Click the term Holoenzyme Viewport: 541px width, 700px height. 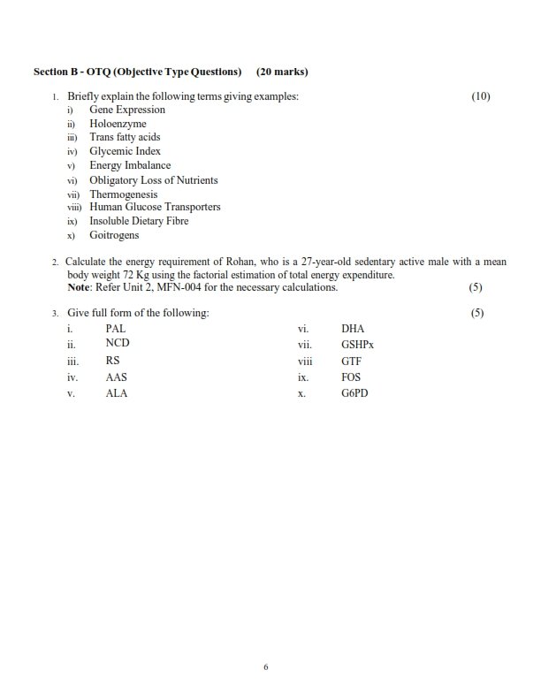pos(118,124)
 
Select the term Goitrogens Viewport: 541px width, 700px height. pos(114,236)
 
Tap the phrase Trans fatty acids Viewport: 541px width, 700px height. pos(125,138)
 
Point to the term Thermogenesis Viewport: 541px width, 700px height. pos(124,194)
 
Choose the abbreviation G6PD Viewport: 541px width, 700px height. pos(354,392)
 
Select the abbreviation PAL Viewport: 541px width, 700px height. pos(116,328)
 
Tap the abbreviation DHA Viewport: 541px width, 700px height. pos(352,328)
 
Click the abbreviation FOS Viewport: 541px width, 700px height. pos(350,377)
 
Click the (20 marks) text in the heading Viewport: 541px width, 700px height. pos(281,72)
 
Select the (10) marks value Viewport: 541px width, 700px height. pos(481,95)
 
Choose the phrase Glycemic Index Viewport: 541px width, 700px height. pos(125,152)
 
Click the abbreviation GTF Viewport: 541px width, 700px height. pos(351,361)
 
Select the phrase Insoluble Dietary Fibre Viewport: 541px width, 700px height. pos(139,222)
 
